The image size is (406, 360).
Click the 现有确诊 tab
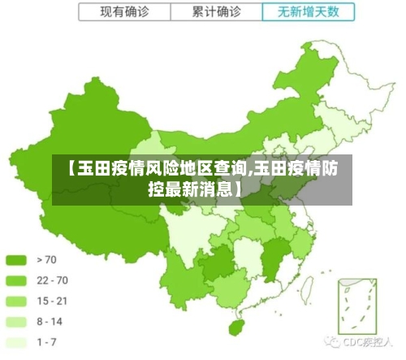(x=124, y=12)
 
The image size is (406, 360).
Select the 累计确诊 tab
(x=217, y=12)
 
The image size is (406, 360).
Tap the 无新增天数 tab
(x=309, y=12)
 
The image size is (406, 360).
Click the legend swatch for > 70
(x=16, y=260)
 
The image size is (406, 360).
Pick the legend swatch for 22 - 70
(x=16, y=280)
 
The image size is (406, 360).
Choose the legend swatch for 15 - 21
(x=16, y=301)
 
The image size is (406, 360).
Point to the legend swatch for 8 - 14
(x=16, y=322)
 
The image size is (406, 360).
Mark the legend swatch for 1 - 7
(x=16, y=342)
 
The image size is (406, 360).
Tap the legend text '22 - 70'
(x=52, y=280)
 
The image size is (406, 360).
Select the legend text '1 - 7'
(x=47, y=342)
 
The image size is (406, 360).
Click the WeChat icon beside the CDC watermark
(x=334, y=343)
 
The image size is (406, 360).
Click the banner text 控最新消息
(x=193, y=190)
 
